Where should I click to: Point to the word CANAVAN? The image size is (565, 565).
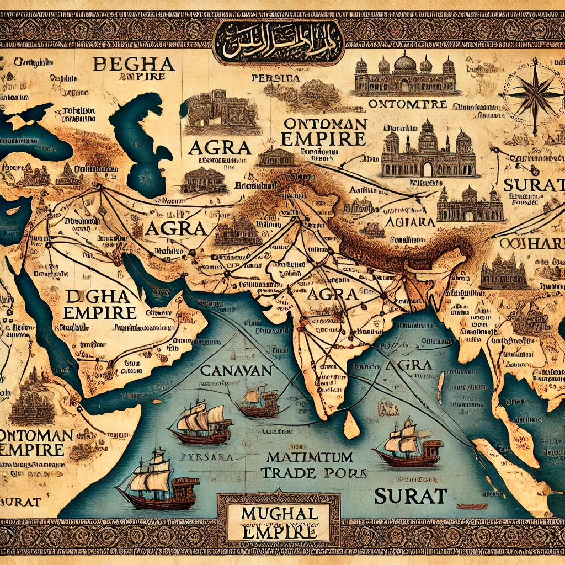(x=236, y=370)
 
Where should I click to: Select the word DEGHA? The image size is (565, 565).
(x=135, y=64)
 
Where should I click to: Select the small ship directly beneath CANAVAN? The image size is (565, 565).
(x=257, y=402)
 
